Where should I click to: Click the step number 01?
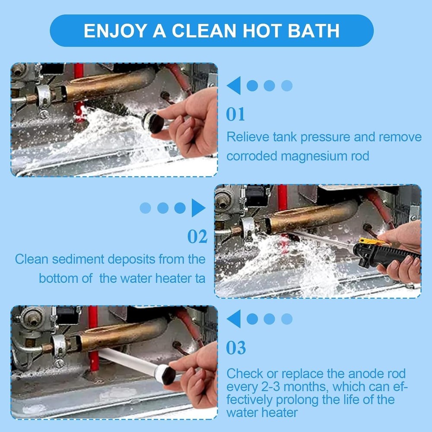pos(236,114)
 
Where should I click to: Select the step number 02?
pos(197,237)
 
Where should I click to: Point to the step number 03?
pos(236,348)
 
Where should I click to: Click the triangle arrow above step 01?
pos(234,86)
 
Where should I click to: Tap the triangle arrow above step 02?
pos(198,208)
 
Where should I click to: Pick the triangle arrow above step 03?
pos(234,319)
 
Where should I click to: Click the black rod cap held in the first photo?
pos(154,122)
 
